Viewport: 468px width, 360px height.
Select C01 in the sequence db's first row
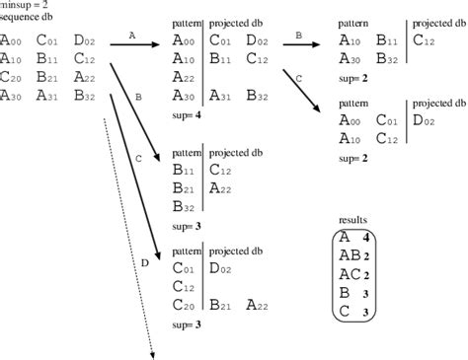click(x=47, y=41)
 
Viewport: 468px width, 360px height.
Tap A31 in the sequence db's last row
click(x=47, y=96)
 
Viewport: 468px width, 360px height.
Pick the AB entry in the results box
click(x=351, y=255)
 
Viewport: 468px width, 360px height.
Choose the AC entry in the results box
click(x=351, y=274)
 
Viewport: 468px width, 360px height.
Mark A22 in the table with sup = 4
click(x=184, y=78)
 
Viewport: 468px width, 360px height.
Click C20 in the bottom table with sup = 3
click(x=184, y=304)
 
